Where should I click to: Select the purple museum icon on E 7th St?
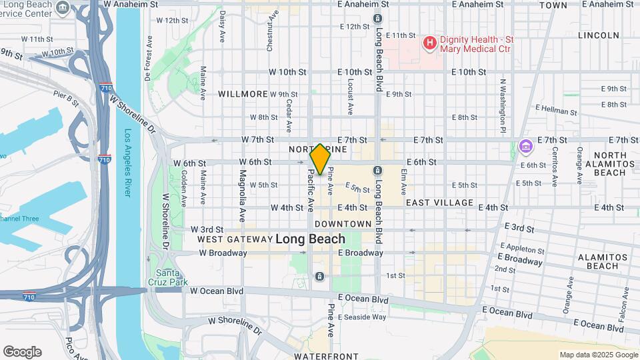[x=525, y=145]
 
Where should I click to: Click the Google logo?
[x=22, y=352]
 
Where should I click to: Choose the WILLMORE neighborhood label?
[x=243, y=94]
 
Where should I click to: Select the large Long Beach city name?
[x=310, y=239]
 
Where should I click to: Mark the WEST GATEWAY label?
[x=233, y=239]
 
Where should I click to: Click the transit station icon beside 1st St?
[x=320, y=277]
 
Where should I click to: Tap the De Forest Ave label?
[x=147, y=59]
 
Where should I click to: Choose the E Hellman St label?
[x=555, y=111]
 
